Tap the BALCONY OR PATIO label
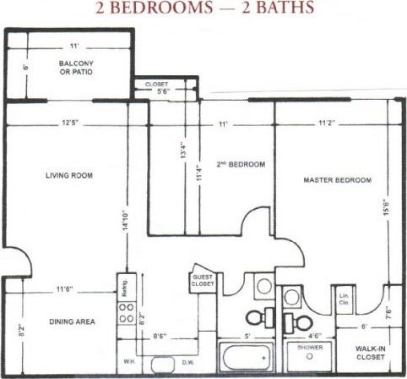76,68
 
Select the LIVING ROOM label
69,176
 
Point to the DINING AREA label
68,321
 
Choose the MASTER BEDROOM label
337,180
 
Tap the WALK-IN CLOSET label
371,351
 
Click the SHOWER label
310,346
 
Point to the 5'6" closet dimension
166,91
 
